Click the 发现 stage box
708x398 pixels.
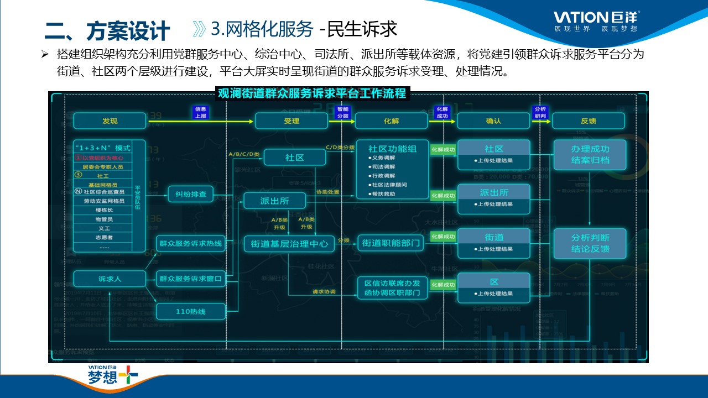(110, 121)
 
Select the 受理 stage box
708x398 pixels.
(291, 121)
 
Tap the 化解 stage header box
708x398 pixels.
(391, 121)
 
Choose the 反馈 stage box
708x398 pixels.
(588, 121)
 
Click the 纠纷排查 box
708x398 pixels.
(191, 195)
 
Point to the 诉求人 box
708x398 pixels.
(110, 279)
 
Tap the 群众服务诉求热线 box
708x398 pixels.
(191, 243)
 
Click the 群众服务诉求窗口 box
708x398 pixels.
(191, 279)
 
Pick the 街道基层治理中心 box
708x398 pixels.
(289, 243)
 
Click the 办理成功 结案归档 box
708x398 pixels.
(590, 155)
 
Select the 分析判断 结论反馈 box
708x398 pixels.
(590, 243)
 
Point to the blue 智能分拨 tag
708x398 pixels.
(342, 112)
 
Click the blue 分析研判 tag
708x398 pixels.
(539, 112)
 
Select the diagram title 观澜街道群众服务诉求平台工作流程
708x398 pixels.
(312, 93)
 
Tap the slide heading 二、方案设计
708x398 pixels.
(107, 31)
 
